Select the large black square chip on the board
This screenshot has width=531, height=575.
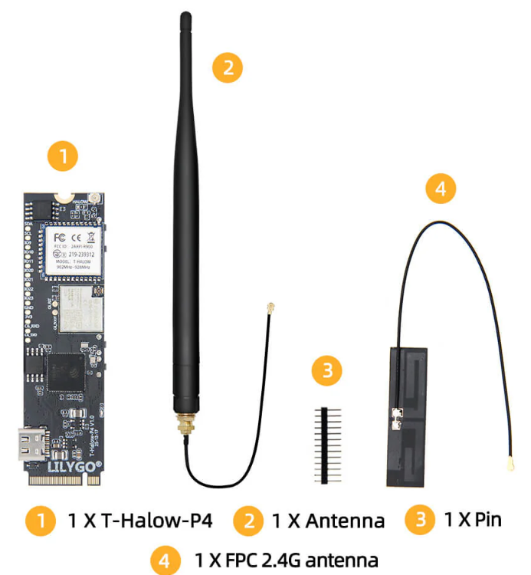65,373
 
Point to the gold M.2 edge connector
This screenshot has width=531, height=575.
60,480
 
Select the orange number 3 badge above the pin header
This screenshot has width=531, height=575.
327,372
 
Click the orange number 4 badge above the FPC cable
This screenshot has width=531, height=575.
440,188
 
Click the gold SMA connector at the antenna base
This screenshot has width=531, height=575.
185,424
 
